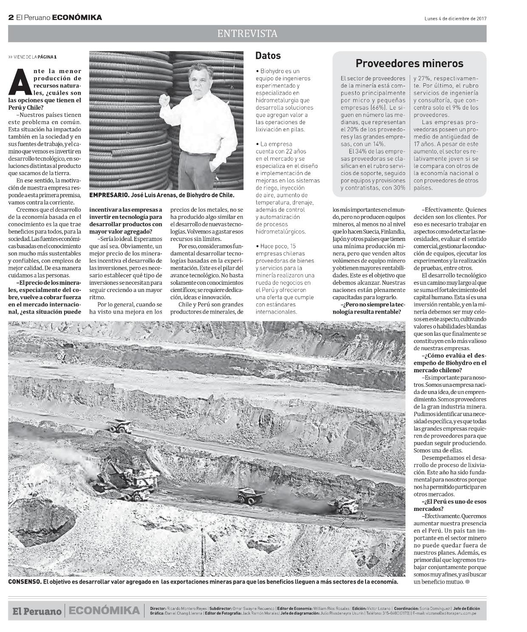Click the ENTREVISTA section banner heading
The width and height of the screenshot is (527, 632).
247,34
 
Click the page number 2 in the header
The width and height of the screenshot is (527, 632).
11,17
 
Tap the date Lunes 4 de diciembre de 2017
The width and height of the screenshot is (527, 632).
455,18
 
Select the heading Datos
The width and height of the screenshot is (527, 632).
268,56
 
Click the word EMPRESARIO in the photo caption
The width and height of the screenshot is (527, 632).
104,195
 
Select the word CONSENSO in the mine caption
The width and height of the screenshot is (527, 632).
24,581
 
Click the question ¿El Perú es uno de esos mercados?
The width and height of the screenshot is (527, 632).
450,505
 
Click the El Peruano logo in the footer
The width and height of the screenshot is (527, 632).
37,611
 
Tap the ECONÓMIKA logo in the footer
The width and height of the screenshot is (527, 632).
104,611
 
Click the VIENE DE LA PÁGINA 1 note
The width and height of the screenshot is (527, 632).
32,57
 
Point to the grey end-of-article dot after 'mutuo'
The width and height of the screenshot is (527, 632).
467,581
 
